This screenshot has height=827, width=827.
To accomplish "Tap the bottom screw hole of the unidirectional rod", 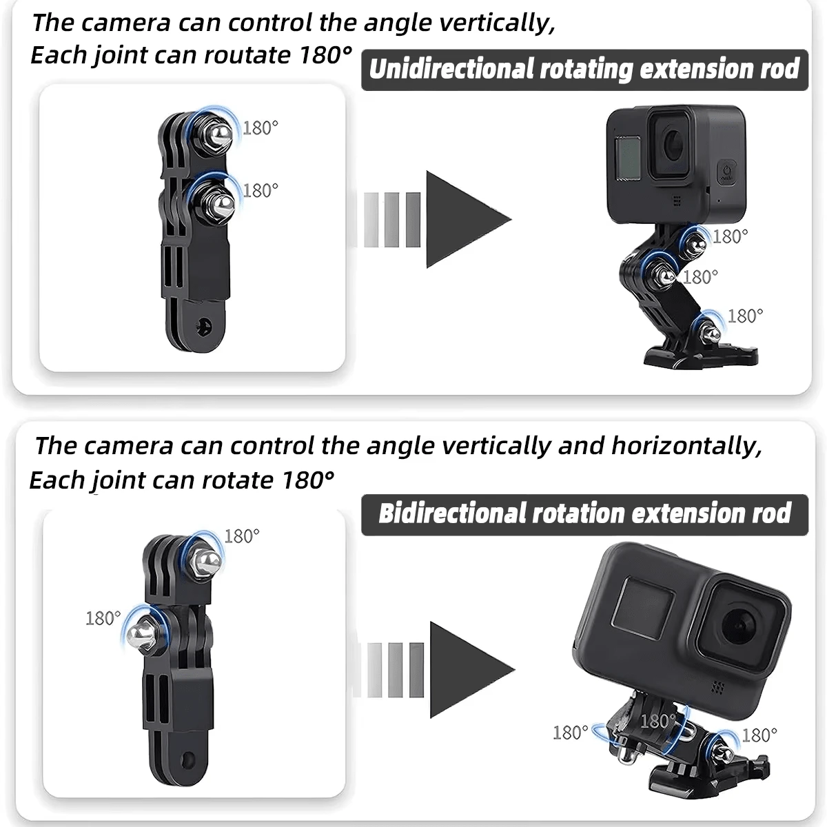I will [x=203, y=326].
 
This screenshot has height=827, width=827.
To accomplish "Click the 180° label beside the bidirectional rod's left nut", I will [x=103, y=618].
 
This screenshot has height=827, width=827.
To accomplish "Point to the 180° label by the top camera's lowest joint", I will [x=745, y=316].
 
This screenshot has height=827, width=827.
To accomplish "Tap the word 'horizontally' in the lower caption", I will [x=686, y=446].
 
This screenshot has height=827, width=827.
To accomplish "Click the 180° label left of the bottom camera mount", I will [x=571, y=732].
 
